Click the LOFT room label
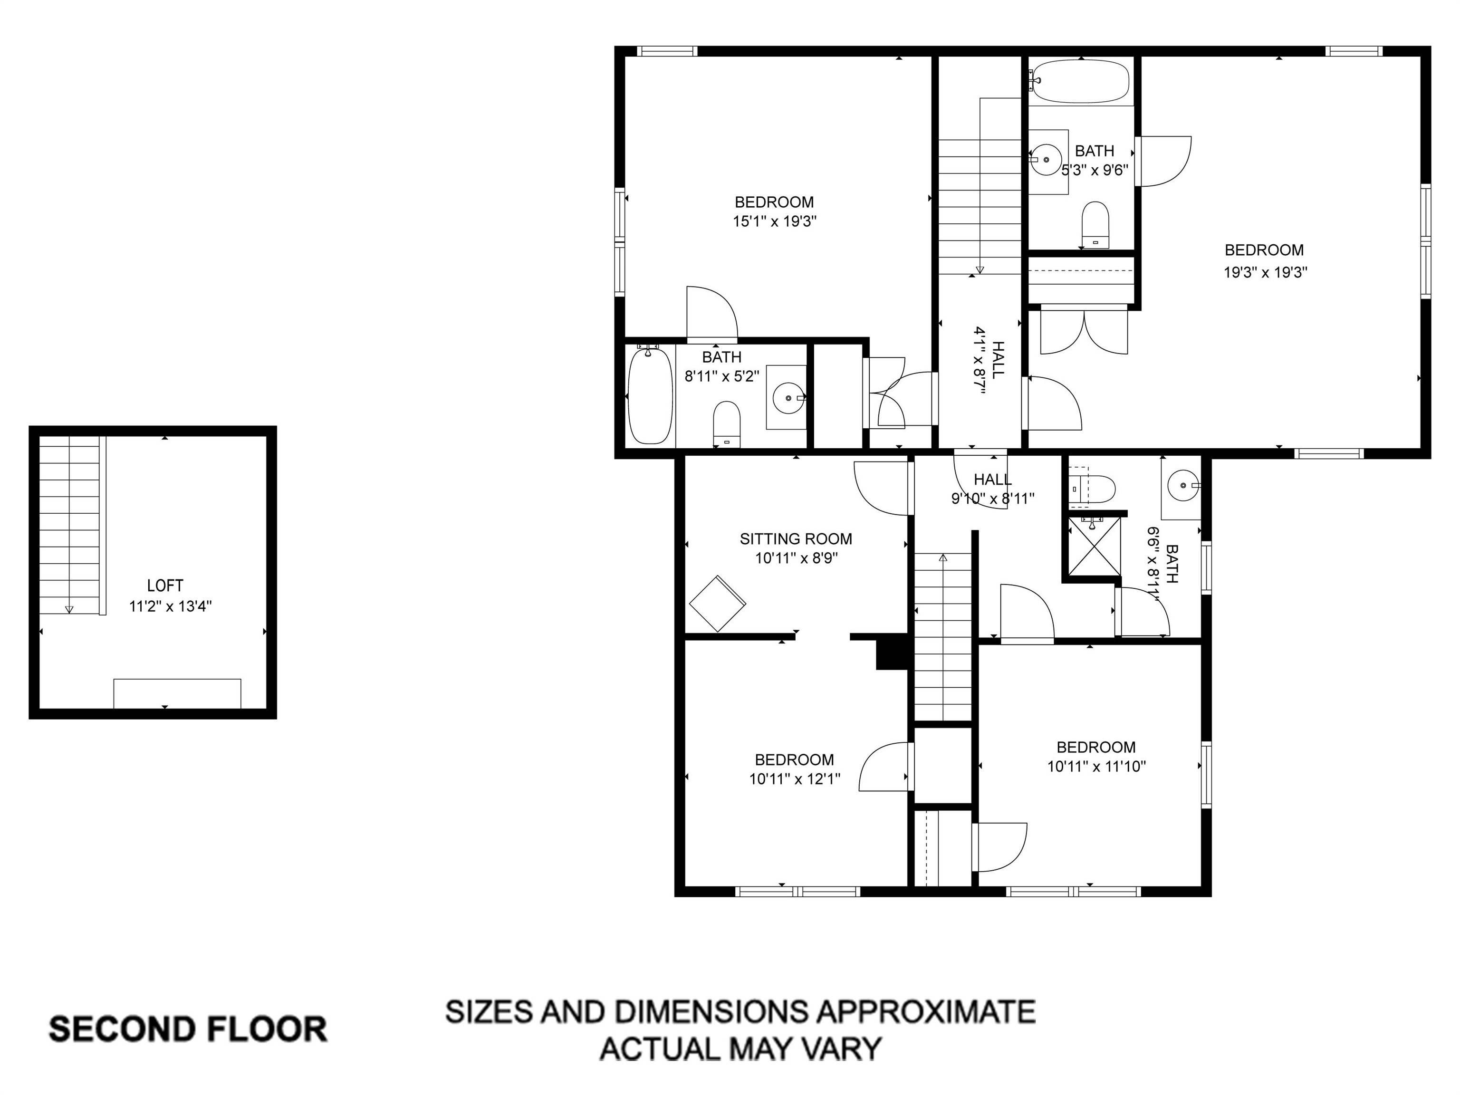click(165, 586)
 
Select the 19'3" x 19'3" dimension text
click(1265, 272)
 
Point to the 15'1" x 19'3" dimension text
click(774, 221)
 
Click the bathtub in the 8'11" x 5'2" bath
click(650, 395)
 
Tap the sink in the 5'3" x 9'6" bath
click(1049, 161)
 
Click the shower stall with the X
click(1095, 547)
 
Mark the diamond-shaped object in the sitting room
click(718, 603)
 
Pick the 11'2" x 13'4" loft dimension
click(170, 606)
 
